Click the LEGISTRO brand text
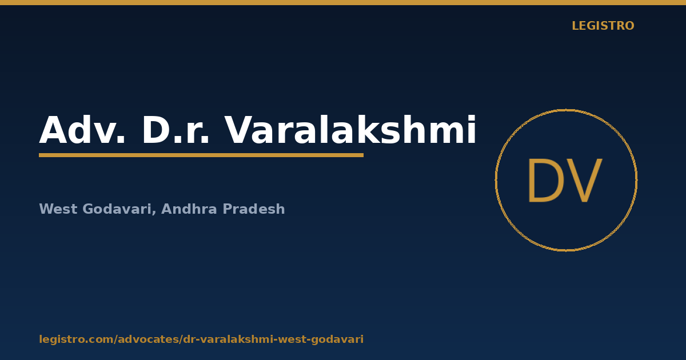point(603,26)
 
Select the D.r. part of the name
point(176,130)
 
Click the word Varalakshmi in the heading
point(350,129)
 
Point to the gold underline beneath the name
point(201,155)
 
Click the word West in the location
point(58,209)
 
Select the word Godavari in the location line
point(117,209)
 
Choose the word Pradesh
point(254,209)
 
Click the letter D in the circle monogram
point(546,181)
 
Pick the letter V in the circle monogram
point(584,181)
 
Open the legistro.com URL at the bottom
point(201,339)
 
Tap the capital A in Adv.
point(54,130)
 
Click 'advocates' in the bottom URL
point(149,339)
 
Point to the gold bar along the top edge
point(343,2)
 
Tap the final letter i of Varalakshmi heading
point(472,129)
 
